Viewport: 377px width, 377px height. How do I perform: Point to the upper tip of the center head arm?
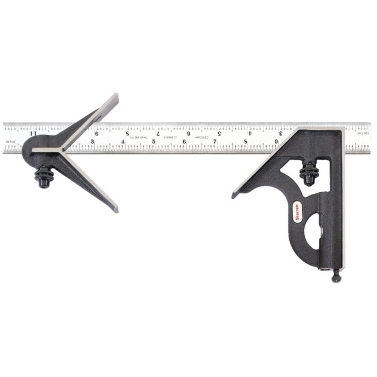pyautogui.click(x=114, y=96)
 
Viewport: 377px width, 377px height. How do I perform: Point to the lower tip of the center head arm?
pyautogui.click(x=114, y=209)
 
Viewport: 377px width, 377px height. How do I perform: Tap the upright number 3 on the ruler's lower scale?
pyautogui.click(x=93, y=142)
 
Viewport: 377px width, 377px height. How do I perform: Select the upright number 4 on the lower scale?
pyautogui.click(x=123, y=142)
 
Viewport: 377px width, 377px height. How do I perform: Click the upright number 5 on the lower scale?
pyautogui.click(x=154, y=142)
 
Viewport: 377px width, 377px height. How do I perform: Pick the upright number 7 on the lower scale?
pyautogui.click(x=215, y=142)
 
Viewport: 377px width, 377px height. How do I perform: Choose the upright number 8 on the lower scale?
pyautogui.click(x=246, y=142)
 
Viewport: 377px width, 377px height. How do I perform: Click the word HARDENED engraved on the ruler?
pyautogui.click(x=201, y=138)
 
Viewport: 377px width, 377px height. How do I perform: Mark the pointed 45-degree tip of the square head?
pyautogui.click(x=233, y=196)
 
